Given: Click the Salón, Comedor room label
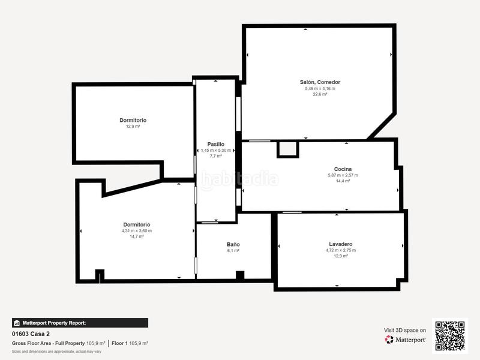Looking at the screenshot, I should click(x=320, y=82).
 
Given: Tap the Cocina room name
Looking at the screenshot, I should click(x=343, y=169).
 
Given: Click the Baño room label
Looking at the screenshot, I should click(x=233, y=245).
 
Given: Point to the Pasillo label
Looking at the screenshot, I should click(x=215, y=144).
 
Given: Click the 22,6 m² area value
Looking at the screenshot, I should click(x=320, y=94).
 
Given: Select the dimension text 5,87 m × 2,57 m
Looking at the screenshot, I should click(x=343, y=175).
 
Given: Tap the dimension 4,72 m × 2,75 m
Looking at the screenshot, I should click(x=340, y=250).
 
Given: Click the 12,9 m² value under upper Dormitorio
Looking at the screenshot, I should click(x=133, y=127).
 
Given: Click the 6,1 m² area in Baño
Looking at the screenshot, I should click(x=233, y=251).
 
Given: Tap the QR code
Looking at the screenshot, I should click(x=450, y=335).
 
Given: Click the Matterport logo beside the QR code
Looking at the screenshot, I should click(x=406, y=340).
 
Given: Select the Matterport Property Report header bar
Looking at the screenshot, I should click(x=80, y=323).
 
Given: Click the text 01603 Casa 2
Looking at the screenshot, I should click(x=31, y=334).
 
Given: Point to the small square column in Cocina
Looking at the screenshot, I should click(x=287, y=149).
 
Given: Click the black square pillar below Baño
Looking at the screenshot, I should click(x=240, y=275).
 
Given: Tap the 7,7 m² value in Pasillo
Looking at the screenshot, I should click(x=215, y=156).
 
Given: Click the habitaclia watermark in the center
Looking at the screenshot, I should click(x=239, y=179).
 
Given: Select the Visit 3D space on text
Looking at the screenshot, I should click(x=405, y=330).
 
